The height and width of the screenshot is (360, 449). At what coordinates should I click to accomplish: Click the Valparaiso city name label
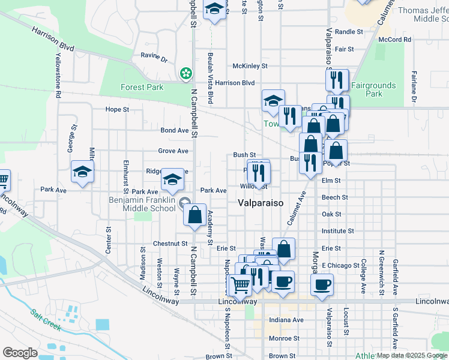[260, 203]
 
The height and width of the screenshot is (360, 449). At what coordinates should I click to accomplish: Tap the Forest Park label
[142, 87]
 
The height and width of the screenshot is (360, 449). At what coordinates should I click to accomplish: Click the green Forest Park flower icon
[186, 74]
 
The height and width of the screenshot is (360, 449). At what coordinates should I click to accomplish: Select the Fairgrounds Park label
[374, 89]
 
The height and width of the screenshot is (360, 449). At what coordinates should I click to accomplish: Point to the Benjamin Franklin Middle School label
[142, 204]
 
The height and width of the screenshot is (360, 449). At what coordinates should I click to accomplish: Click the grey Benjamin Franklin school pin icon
[185, 205]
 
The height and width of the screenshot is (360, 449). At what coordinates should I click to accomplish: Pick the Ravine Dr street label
[154, 58]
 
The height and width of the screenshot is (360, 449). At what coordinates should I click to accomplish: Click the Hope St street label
[117, 110]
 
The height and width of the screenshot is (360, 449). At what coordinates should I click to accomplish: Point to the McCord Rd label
[394, 40]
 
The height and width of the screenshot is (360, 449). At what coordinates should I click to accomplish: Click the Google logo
[19, 352]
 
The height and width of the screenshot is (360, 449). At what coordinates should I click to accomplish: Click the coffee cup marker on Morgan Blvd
[322, 284]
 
